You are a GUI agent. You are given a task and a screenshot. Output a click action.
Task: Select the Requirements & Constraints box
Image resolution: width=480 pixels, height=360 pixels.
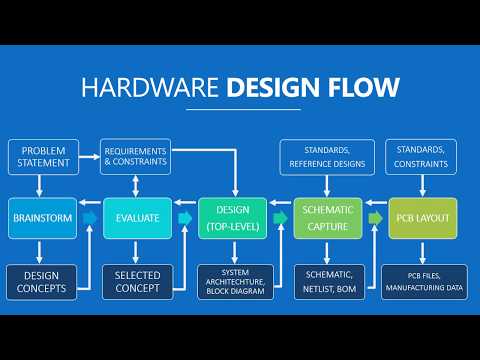pyautogui.click(x=135, y=155)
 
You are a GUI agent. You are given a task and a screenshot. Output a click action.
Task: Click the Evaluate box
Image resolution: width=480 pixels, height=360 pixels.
pyautogui.click(x=137, y=217)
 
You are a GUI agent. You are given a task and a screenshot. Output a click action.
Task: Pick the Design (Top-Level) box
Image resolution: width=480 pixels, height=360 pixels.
pyautogui.click(x=233, y=217)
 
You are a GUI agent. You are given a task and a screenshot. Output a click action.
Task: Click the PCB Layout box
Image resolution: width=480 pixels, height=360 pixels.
pyautogui.click(x=423, y=217)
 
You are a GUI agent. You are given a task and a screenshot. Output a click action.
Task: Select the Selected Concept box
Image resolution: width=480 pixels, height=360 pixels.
pyautogui.click(x=137, y=281)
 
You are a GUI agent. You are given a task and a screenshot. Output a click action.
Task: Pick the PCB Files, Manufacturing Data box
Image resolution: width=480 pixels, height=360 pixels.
pyautogui.click(x=423, y=281)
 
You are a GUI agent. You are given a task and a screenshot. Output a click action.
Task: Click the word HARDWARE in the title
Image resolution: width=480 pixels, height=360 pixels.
pyautogui.click(x=150, y=87)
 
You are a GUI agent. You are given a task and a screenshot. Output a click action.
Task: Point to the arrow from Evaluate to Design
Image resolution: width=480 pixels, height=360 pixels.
pyautogui.click(x=185, y=217)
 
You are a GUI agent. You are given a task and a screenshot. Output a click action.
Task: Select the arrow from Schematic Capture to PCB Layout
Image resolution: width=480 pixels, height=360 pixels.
pyautogui.click(x=376, y=217)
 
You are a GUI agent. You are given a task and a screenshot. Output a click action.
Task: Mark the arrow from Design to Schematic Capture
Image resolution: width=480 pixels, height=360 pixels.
pyautogui.click(x=281, y=217)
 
